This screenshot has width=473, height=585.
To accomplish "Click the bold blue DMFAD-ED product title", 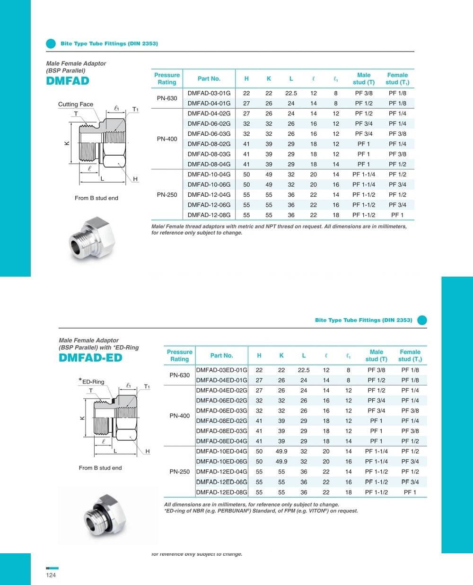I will [x=90, y=358].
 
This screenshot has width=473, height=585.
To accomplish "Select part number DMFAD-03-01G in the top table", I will [x=209, y=93].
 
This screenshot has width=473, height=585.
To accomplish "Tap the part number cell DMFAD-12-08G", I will [x=209, y=215].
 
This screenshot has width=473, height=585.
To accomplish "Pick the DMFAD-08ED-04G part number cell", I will [x=221, y=441].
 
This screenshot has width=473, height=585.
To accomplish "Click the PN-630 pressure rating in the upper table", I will [x=167, y=98].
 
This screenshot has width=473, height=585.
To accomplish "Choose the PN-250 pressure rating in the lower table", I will [x=180, y=471].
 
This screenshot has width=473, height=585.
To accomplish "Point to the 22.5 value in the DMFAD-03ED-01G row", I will [x=304, y=370].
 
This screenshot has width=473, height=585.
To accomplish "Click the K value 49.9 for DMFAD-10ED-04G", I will [x=281, y=452].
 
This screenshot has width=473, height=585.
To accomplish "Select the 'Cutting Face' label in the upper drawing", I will [x=76, y=105].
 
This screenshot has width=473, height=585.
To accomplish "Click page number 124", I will [x=51, y=575].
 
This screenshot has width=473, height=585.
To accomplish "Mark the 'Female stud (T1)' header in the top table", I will [x=397, y=79].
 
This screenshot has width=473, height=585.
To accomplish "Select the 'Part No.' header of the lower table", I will [x=221, y=356].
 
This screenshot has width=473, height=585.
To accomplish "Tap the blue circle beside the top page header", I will [x=51, y=44].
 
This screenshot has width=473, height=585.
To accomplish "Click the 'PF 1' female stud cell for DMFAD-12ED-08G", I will [x=410, y=492].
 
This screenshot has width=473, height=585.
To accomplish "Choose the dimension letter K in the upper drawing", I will [x=67, y=143].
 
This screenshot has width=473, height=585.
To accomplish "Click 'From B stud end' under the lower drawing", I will [x=100, y=468].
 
